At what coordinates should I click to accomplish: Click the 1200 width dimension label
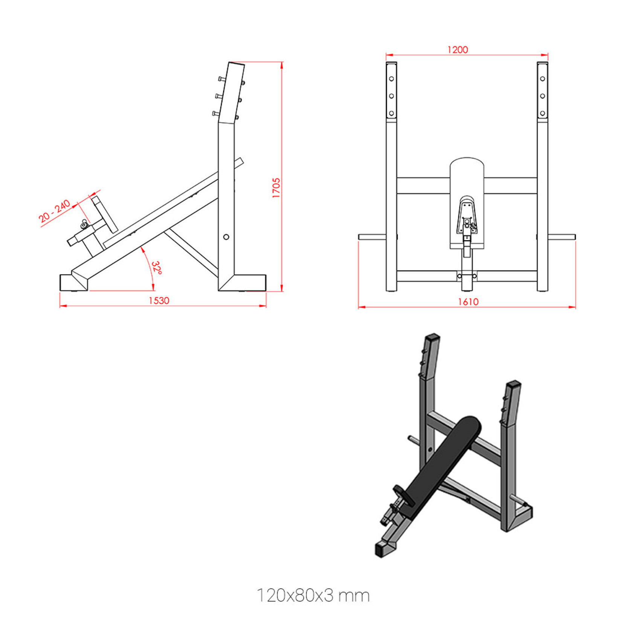click(457, 50)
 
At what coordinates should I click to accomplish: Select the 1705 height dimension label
click(276, 188)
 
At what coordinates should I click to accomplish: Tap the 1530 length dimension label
click(159, 300)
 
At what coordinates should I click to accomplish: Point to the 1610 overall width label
click(468, 302)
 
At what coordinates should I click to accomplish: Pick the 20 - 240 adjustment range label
click(55, 212)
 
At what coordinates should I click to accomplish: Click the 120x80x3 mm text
click(313, 596)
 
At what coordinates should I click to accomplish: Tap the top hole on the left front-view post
click(392, 79)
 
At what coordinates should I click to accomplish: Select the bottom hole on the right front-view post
click(542, 113)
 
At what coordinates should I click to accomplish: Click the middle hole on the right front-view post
click(542, 96)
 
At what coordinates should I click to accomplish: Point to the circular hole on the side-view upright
click(226, 237)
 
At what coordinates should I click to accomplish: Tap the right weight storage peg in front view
click(562, 237)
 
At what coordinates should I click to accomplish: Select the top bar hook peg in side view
click(222, 79)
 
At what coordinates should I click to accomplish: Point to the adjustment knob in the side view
click(84, 226)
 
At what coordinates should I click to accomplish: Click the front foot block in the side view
click(73, 282)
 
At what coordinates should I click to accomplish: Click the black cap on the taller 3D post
click(432, 337)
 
